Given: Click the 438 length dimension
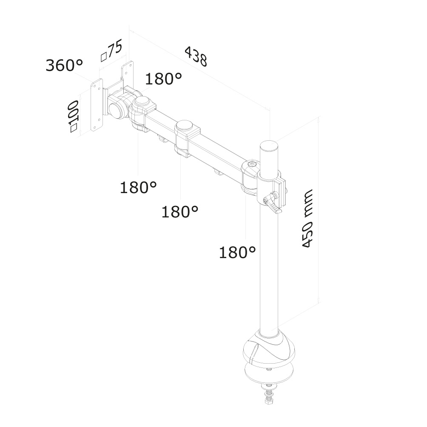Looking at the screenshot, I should (x=196, y=56).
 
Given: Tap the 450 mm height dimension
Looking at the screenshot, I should (x=307, y=219).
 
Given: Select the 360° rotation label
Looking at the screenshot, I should (x=64, y=65).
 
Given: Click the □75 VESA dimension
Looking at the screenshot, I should (x=111, y=50).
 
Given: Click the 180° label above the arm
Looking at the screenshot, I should (x=163, y=79).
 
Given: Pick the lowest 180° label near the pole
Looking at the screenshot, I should (x=237, y=253).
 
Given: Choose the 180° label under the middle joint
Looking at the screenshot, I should (x=180, y=211).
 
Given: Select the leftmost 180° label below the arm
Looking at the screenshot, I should (x=138, y=187).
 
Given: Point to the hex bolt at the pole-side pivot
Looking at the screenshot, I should (x=252, y=165).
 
